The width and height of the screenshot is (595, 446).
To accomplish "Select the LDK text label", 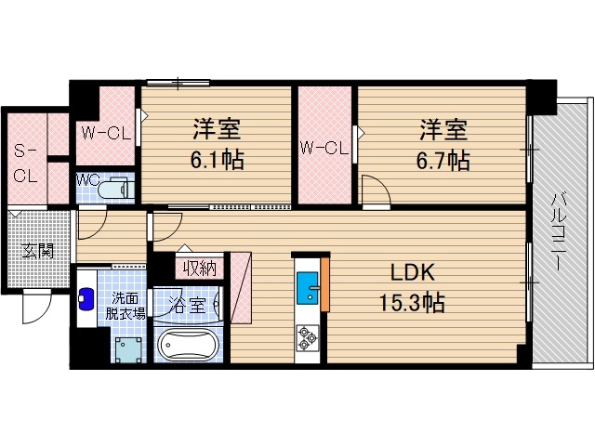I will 412,273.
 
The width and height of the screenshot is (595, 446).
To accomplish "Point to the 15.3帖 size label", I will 412,302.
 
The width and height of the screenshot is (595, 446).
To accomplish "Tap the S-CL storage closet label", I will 25,162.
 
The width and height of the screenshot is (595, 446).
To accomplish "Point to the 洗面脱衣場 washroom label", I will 128,306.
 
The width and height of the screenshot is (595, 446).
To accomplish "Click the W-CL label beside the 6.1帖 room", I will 104,132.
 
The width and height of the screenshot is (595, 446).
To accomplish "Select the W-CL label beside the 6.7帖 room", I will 323,147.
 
